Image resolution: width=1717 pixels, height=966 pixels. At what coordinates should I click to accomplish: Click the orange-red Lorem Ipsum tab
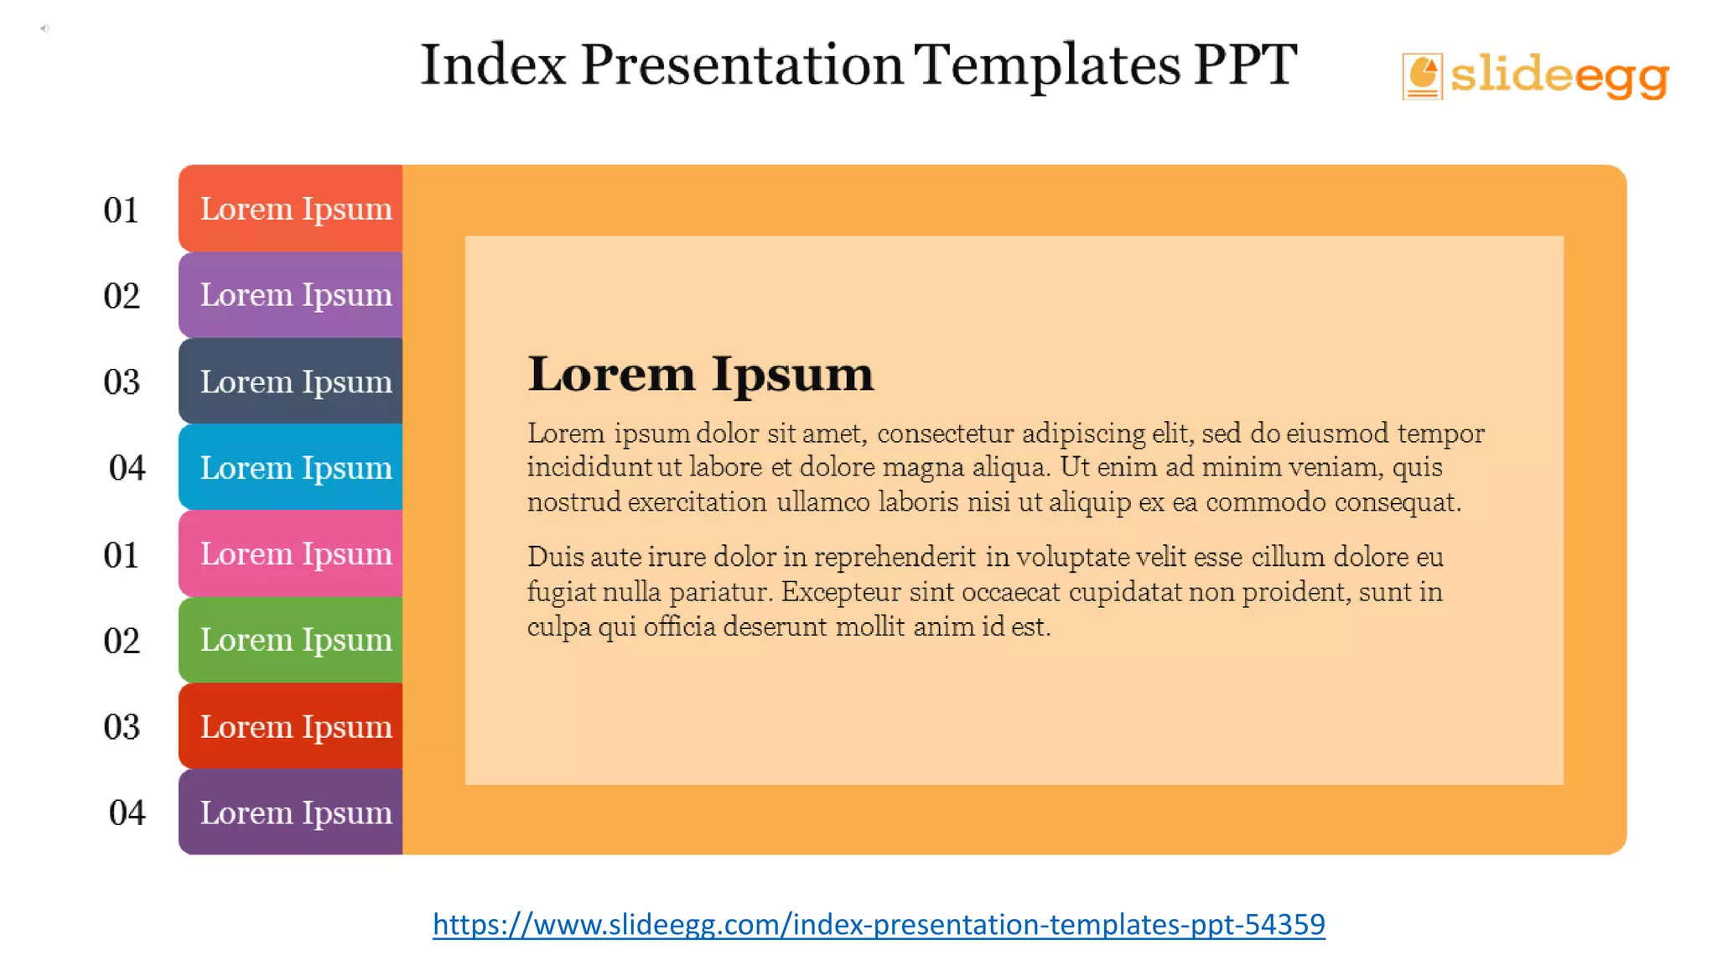click(291, 209)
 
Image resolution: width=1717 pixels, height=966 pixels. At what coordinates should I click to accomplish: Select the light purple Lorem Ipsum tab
click(291, 295)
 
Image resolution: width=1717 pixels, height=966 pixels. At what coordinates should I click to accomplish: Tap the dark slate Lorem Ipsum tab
click(291, 382)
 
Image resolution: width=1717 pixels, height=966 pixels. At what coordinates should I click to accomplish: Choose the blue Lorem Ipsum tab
click(291, 467)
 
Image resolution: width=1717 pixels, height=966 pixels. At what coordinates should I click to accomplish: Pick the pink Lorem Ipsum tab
click(291, 553)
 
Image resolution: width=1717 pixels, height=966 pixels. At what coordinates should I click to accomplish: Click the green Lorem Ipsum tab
click(291, 640)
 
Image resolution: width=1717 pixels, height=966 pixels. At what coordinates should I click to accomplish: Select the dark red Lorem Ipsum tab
click(291, 726)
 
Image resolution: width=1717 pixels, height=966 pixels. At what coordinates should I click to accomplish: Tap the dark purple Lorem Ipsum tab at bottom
click(291, 813)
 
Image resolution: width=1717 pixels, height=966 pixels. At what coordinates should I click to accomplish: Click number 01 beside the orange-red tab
click(121, 210)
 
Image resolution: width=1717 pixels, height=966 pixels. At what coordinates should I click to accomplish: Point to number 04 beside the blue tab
click(127, 468)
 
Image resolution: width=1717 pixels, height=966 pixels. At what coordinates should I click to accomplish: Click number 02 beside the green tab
click(122, 641)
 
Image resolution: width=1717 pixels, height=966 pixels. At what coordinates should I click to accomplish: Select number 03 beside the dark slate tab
click(122, 382)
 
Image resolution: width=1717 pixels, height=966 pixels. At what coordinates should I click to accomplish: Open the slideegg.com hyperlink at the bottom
click(879, 924)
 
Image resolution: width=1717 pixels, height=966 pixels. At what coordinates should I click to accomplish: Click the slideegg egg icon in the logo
click(1422, 75)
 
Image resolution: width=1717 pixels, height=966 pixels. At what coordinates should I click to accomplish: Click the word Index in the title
click(493, 64)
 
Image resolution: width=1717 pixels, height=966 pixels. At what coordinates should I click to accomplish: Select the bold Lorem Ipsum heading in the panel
click(701, 374)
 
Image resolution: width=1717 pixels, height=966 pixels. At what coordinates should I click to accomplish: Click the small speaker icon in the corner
click(44, 29)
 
